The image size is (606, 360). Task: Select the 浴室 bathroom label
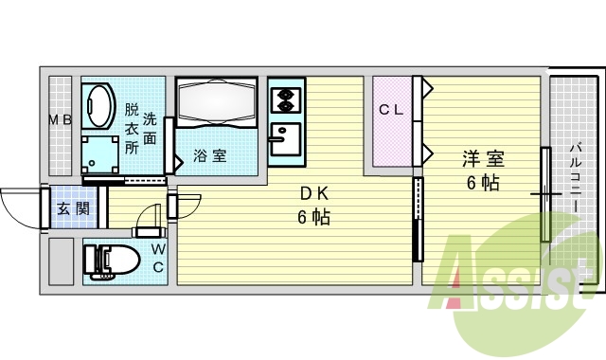tap(210, 155)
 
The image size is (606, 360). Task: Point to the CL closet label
tap(392, 110)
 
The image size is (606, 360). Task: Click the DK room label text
tap(314, 194)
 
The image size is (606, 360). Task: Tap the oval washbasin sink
tap(97, 103)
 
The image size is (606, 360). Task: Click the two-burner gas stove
tap(284, 99)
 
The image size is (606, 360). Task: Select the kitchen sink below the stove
tap(283, 141)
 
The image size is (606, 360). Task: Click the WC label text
tap(159, 257)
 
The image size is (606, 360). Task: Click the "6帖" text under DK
tap(314, 218)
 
